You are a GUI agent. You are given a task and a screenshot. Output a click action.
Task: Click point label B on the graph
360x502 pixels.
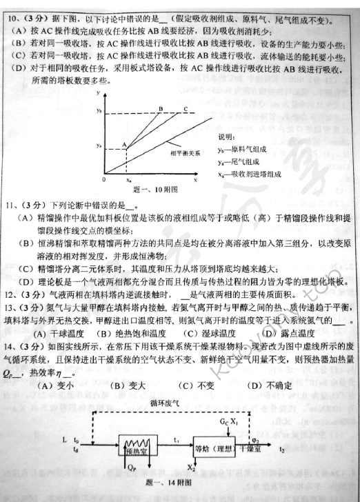160,108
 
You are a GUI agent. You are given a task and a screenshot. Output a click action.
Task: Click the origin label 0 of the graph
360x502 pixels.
103,179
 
